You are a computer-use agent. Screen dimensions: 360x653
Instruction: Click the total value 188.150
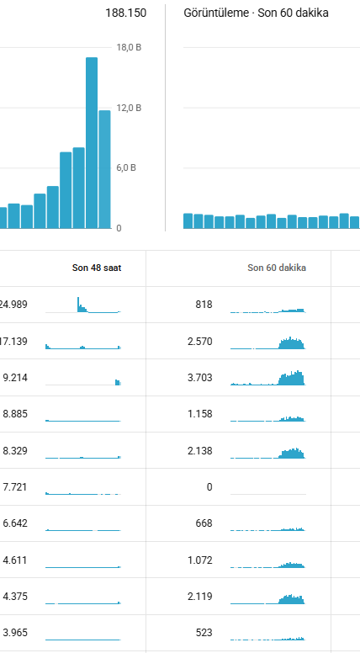(x=125, y=13)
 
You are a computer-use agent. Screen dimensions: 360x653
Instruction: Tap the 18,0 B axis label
(x=129, y=47)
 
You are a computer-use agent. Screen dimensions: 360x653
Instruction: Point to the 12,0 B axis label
(x=129, y=108)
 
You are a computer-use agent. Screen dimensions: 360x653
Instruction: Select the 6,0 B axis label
(x=126, y=167)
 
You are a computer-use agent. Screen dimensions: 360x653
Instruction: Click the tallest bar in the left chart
(x=92, y=143)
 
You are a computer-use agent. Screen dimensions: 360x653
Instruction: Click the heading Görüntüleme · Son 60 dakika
(x=256, y=13)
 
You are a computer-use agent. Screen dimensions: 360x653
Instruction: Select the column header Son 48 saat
(x=97, y=268)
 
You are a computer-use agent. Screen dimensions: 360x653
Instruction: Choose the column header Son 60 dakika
(x=277, y=268)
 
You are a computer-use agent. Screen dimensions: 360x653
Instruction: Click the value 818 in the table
(x=204, y=305)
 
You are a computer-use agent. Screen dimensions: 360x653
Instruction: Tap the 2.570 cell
(x=200, y=342)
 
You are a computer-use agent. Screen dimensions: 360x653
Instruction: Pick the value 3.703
(x=200, y=378)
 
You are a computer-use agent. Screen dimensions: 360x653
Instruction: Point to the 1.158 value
(x=200, y=414)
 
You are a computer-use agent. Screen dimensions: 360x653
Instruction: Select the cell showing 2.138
(x=200, y=450)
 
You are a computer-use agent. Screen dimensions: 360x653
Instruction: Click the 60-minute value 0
(x=209, y=487)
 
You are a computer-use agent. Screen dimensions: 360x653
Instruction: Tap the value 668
(x=204, y=523)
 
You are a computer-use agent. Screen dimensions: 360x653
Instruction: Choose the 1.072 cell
(x=200, y=560)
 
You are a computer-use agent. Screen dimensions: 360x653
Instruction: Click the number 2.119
(x=200, y=597)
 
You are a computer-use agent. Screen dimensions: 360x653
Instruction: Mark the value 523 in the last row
(x=204, y=633)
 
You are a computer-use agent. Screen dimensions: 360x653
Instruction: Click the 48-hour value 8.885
(x=15, y=414)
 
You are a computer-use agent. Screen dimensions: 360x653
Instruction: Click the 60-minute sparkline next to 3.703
(x=268, y=378)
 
